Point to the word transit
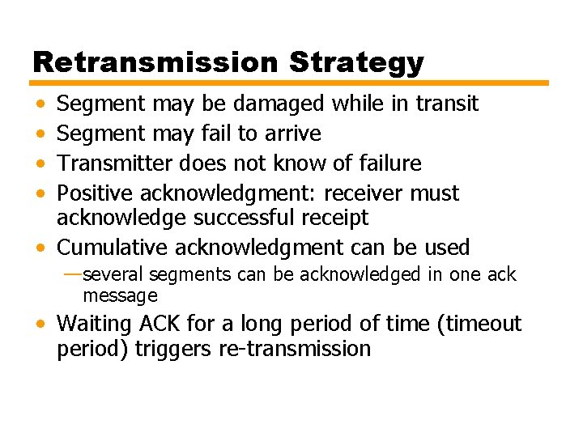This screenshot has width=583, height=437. pyautogui.click(x=447, y=104)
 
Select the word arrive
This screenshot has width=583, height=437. pyautogui.click(x=293, y=134)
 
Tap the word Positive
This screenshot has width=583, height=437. pyautogui.click(x=96, y=193)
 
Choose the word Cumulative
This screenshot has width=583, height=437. pyautogui.click(x=113, y=248)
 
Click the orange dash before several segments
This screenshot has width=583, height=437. pyautogui.click(x=72, y=274)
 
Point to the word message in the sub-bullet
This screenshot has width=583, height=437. pyautogui.click(x=120, y=296)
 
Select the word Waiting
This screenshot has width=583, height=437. pyautogui.click(x=94, y=325)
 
